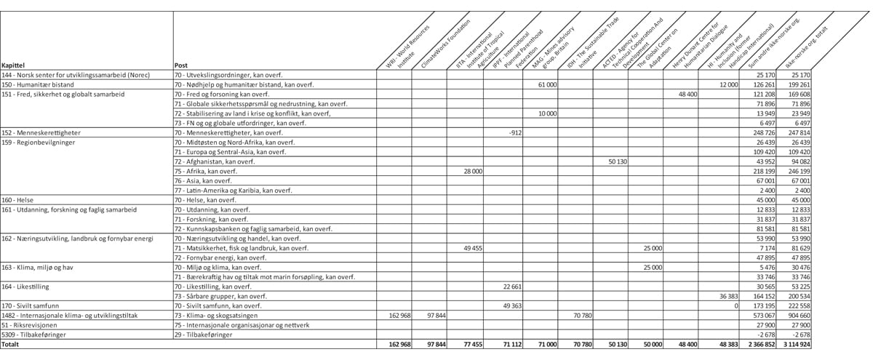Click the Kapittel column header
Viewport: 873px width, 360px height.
click(x=14, y=65)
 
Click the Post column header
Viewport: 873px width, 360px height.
click(x=182, y=65)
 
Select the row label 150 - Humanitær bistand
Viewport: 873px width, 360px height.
click(x=36, y=85)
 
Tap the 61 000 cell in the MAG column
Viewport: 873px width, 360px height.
click(x=547, y=85)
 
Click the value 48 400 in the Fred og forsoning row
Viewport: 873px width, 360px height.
click(x=687, y=95)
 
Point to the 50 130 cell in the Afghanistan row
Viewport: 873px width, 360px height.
click(x=617, y=161)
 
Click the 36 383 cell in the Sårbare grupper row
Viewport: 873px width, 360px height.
click(x=727, y=296)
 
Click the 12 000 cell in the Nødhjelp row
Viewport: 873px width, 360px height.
click(x=728, y=85)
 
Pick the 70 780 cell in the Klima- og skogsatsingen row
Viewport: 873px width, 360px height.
click(x=581, y=316)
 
